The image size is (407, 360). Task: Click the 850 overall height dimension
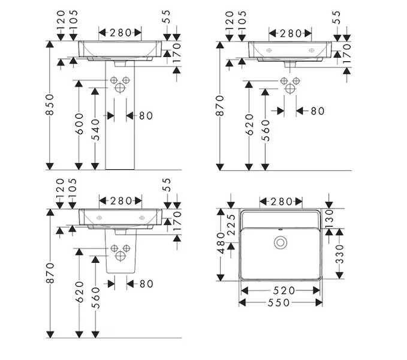point(50,104)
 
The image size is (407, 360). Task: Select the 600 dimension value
point(79,124)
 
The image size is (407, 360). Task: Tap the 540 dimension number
point(95,130)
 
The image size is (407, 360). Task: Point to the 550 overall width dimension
point(279,302)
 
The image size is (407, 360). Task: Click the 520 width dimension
point(284,290)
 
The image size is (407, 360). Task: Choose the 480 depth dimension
point(221,243)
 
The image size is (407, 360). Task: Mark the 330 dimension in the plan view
point(339,254)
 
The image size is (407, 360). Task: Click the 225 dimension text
point(231,224)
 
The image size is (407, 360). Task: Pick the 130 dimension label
point(329,219)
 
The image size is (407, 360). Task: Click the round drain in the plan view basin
point(281,242)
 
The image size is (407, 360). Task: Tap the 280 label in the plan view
point(281,202)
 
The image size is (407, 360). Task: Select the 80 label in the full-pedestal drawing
point(146,116)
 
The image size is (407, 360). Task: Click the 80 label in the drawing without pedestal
point(318,111)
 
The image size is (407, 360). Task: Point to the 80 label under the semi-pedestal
point(146,284)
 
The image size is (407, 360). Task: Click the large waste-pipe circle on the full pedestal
point(120,88)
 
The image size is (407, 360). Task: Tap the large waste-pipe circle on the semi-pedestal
point(120,256)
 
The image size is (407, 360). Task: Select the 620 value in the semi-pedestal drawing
point(80,292)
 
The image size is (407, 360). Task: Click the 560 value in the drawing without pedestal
point(266,130)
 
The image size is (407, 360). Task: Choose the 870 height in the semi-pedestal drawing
point(50,273)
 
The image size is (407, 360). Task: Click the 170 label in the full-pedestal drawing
point(176,53)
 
